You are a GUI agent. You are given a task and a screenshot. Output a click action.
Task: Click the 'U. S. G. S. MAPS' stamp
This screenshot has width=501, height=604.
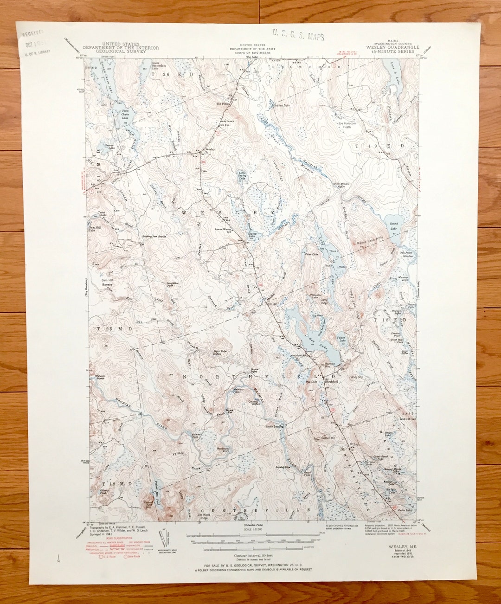tap(298, 35)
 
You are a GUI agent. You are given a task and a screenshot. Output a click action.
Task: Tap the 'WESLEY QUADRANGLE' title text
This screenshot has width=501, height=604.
tap(392, 47)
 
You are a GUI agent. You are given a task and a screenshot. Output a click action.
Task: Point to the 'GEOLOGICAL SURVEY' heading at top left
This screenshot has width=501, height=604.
tap(121, 51)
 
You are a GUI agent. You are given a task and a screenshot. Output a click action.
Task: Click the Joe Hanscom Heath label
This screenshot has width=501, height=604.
tap(347, 125)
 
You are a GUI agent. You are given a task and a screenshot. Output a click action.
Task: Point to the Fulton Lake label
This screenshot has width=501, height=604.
tap(341, 339)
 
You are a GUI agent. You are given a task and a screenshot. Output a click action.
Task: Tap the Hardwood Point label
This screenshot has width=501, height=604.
tap(223, 450)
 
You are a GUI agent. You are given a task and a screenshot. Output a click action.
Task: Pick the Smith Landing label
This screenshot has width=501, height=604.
tap(274, 426)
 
